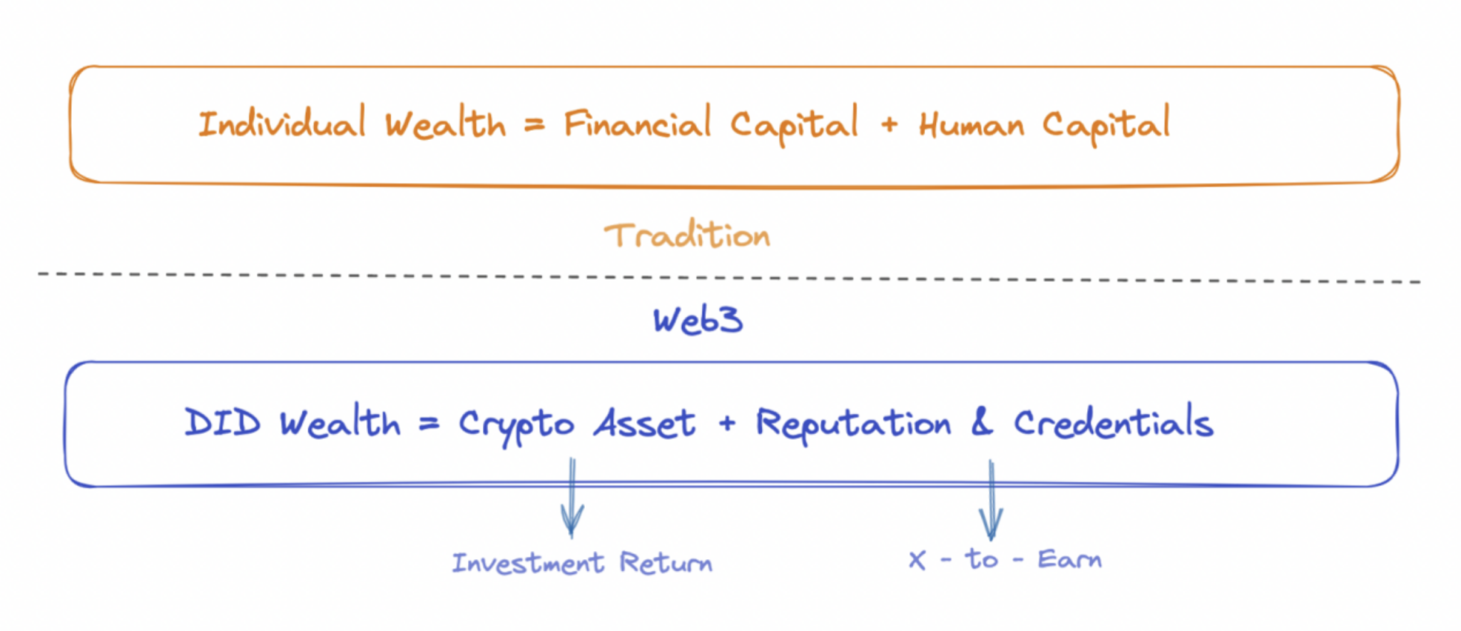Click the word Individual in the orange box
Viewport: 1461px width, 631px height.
pyautogui.click(x=282, y=124)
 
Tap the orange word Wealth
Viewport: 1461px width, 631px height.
pyautogui.click(x=446, y=124)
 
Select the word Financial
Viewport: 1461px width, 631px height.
pyautogui.click(x=637, y=124)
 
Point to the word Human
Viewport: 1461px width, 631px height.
pyautogui.click(x=971, y=126)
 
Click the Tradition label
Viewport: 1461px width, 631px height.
pyautogui.click(x=687, y=236)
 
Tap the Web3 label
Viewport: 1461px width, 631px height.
pyautogui.click(x=698, y=320)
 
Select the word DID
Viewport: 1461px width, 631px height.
pyautogui.click(x=223, y=423)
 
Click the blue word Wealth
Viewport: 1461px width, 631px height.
pyautogui.click(x=340, y=423)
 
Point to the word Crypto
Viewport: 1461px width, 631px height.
pyautogui.click(x=516, y=425)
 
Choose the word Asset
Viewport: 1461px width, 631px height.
pyautogui.click(x=644, y=423)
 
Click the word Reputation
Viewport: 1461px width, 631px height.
pyautogui.click(x=853, y=424)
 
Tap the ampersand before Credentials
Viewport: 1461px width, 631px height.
pyautogui.click(x=982, y=422)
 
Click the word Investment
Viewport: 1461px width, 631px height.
pyautogui.click(x=528, y=563)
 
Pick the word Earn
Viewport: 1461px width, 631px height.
pyautogui.click(x=1069, y=559)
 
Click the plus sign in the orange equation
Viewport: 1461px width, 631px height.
pyautogui.click(x=889, y=125)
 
